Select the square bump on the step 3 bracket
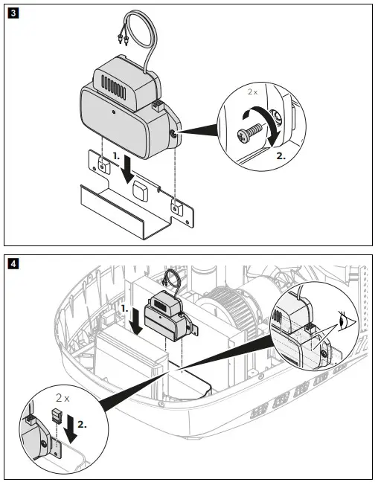click(x=139, y=189)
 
